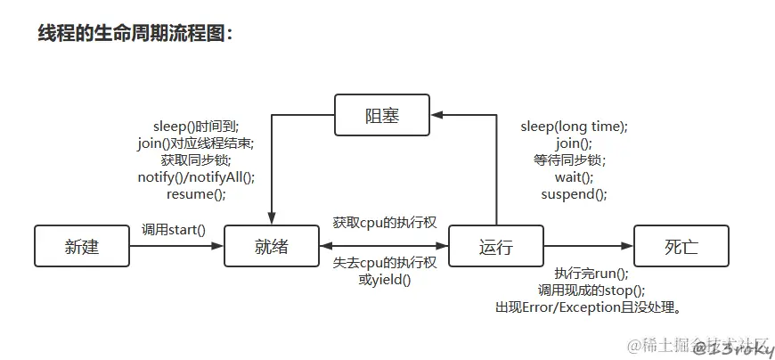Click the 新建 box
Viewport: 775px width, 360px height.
coord(82,247)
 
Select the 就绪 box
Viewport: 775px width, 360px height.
coord(272,247)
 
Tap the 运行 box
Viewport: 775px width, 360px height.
coord(495,247)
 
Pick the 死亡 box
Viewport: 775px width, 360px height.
coord(681,247)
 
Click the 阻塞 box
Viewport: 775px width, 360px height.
coord(381,116)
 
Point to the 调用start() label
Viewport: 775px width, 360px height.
coord(174,230)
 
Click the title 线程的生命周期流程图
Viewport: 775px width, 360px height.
coord(135,33)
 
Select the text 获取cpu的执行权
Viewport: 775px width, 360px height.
coord(384,221)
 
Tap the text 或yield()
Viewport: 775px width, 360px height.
coord(385,280)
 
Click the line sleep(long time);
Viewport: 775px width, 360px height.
coord(574,127)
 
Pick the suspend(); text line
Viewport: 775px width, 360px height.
coord(574,194)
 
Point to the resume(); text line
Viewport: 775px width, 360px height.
coord(196,193)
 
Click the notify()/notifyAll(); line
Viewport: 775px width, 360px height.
coord(196,176)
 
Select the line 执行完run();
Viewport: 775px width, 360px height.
coord(591,274)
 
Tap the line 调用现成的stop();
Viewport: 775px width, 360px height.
coord(591,290)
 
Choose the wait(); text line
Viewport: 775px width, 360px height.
coord(574,177)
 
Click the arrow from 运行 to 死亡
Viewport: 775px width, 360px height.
coord(587,247)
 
